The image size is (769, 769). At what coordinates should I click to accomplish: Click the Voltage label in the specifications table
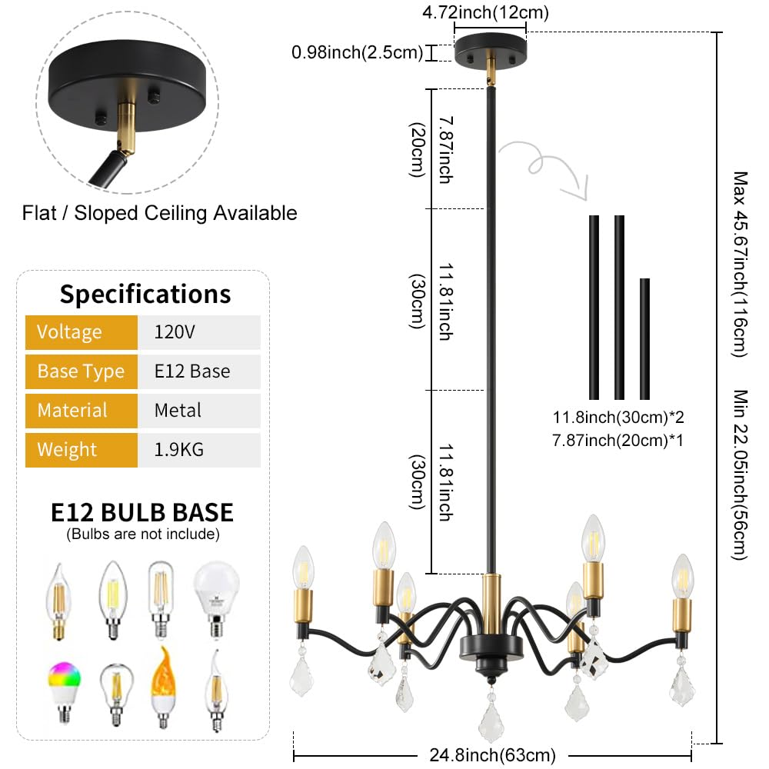point(70,332)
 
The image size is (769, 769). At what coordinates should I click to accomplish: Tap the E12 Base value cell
point(192,371)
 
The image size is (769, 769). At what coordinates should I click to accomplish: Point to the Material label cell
point(72,411)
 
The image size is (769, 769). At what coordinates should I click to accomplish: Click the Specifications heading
point(145,294)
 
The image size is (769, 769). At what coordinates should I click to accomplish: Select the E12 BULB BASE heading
point(142,512)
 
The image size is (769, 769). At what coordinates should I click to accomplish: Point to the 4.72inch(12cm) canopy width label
point(490,12)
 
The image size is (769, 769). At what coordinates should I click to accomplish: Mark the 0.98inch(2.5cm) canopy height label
point(358,52)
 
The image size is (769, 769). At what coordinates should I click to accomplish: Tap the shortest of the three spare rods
point(644,338)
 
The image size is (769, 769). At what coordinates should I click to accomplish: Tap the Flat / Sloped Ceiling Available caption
point(160,212)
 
